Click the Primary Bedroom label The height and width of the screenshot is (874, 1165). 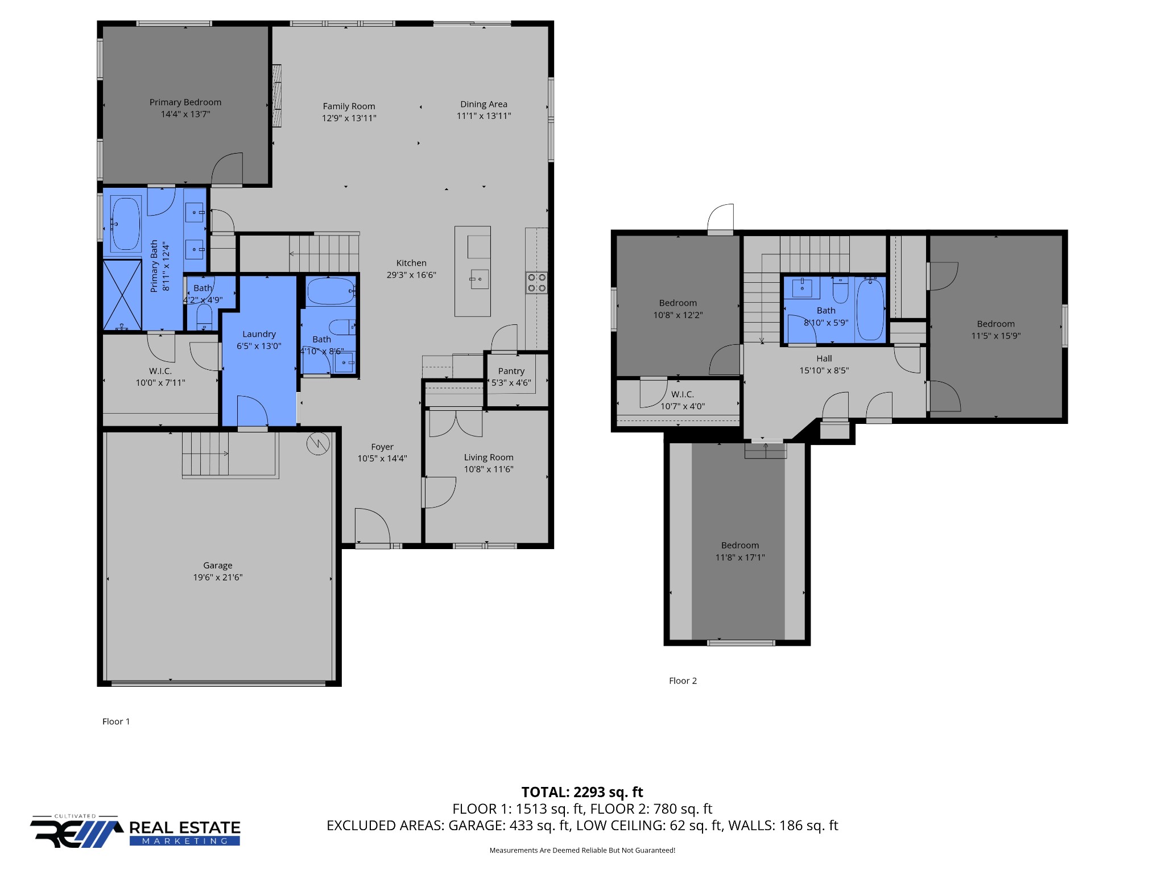tap(185, 102)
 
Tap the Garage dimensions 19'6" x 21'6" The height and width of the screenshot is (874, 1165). tap(218, 577)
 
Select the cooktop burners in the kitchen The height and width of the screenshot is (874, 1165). tap(536, 283)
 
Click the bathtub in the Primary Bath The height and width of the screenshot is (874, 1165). tap(126, 224)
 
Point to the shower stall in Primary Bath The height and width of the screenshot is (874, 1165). tap(122, 295)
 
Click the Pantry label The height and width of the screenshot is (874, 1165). tap(511, 371)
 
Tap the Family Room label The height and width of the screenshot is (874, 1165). tap(349, 106)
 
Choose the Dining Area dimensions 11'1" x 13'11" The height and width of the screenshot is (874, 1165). tap(484, 116)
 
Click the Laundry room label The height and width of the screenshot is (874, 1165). tap(259, 335)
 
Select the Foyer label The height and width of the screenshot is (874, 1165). tap(382, 447)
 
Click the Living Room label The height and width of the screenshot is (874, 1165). tap(489, 457)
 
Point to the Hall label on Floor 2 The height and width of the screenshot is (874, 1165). tap(824, 358)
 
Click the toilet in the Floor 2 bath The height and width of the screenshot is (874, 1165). tap(840, 290)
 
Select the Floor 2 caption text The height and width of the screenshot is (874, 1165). tap(683, 681)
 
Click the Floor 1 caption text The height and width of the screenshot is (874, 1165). tap(116, 722)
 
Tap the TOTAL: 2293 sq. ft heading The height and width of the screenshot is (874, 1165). tap(582, 792)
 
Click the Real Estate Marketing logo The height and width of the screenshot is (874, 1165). tap(135, 831)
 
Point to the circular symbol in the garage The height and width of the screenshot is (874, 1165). tap(318, 444)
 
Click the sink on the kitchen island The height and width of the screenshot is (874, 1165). tap(480, 279)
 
